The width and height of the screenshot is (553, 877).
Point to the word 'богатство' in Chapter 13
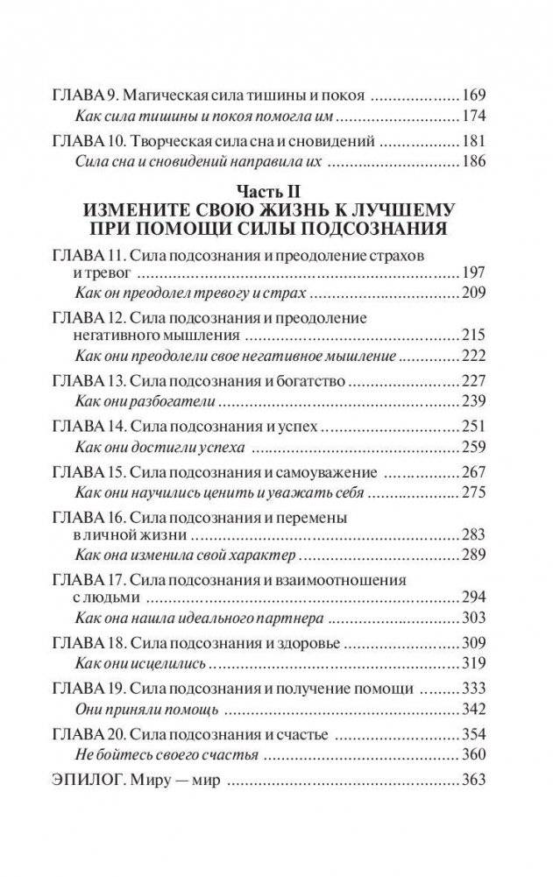coord(308,384)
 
